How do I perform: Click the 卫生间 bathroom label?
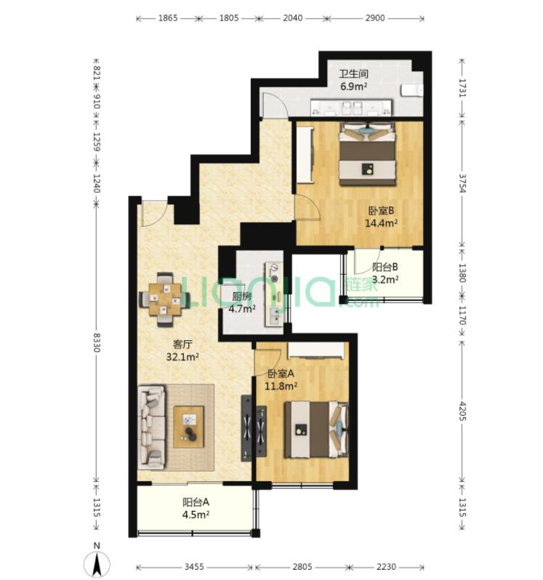[353, 73]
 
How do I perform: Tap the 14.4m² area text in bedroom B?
[381, 223]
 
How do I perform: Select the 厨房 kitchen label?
[241, 297]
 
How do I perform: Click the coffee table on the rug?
[189, 427]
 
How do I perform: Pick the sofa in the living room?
[151, 427]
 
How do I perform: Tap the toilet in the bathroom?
[411, 90]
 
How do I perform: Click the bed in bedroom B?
[368, 153]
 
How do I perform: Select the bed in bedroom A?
[317, 430]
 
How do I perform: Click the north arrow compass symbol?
[97, 565]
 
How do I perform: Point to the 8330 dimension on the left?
[97, 342]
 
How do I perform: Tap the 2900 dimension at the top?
[375, 17]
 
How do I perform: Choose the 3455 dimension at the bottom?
[194, 567]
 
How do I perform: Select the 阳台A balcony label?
[196, 502]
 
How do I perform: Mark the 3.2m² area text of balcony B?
[385, 279]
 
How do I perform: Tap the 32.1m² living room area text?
[182, 357]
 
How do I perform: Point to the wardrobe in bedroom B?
[305, 155]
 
